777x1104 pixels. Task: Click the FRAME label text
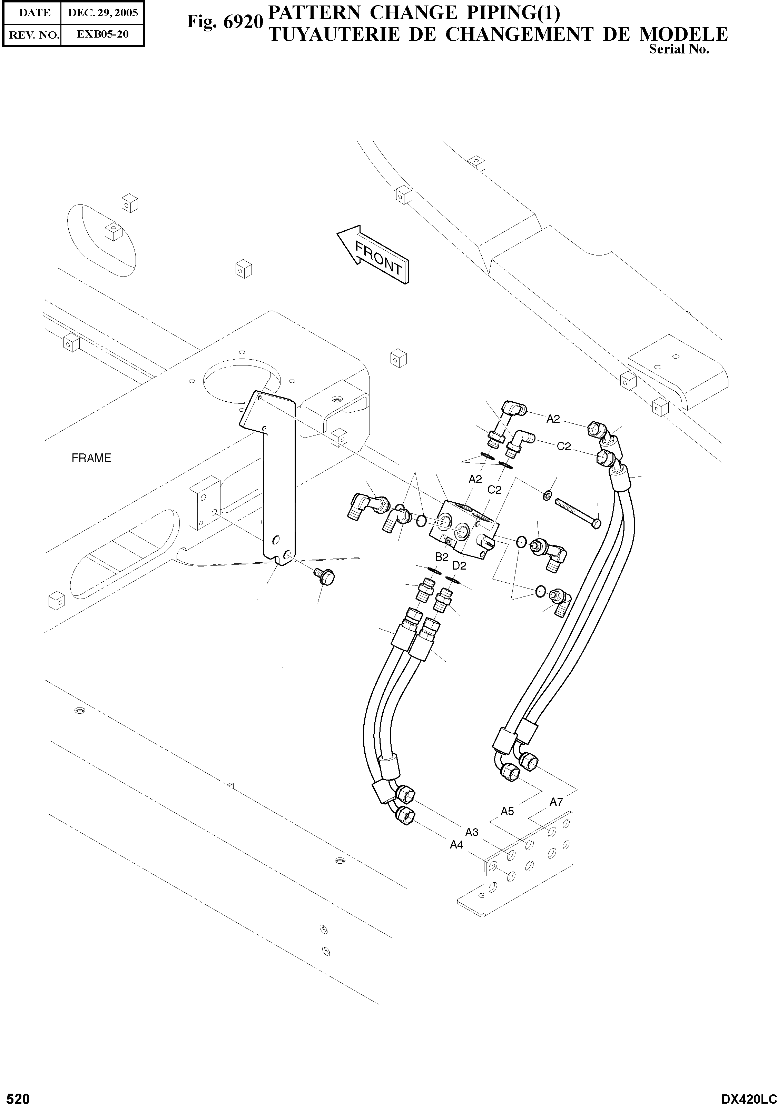point(91,458)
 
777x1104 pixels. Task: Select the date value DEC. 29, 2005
point(103,13)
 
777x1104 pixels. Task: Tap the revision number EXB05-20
point(103,34)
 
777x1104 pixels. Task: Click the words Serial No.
point(679,49)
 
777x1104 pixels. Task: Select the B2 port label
point(442,557)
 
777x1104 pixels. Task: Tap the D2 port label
point(460,565)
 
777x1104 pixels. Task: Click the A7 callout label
point(556,802)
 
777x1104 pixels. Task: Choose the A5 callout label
point(507,811)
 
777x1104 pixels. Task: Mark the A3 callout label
point(472,832)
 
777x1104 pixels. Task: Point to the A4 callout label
point(456,844)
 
